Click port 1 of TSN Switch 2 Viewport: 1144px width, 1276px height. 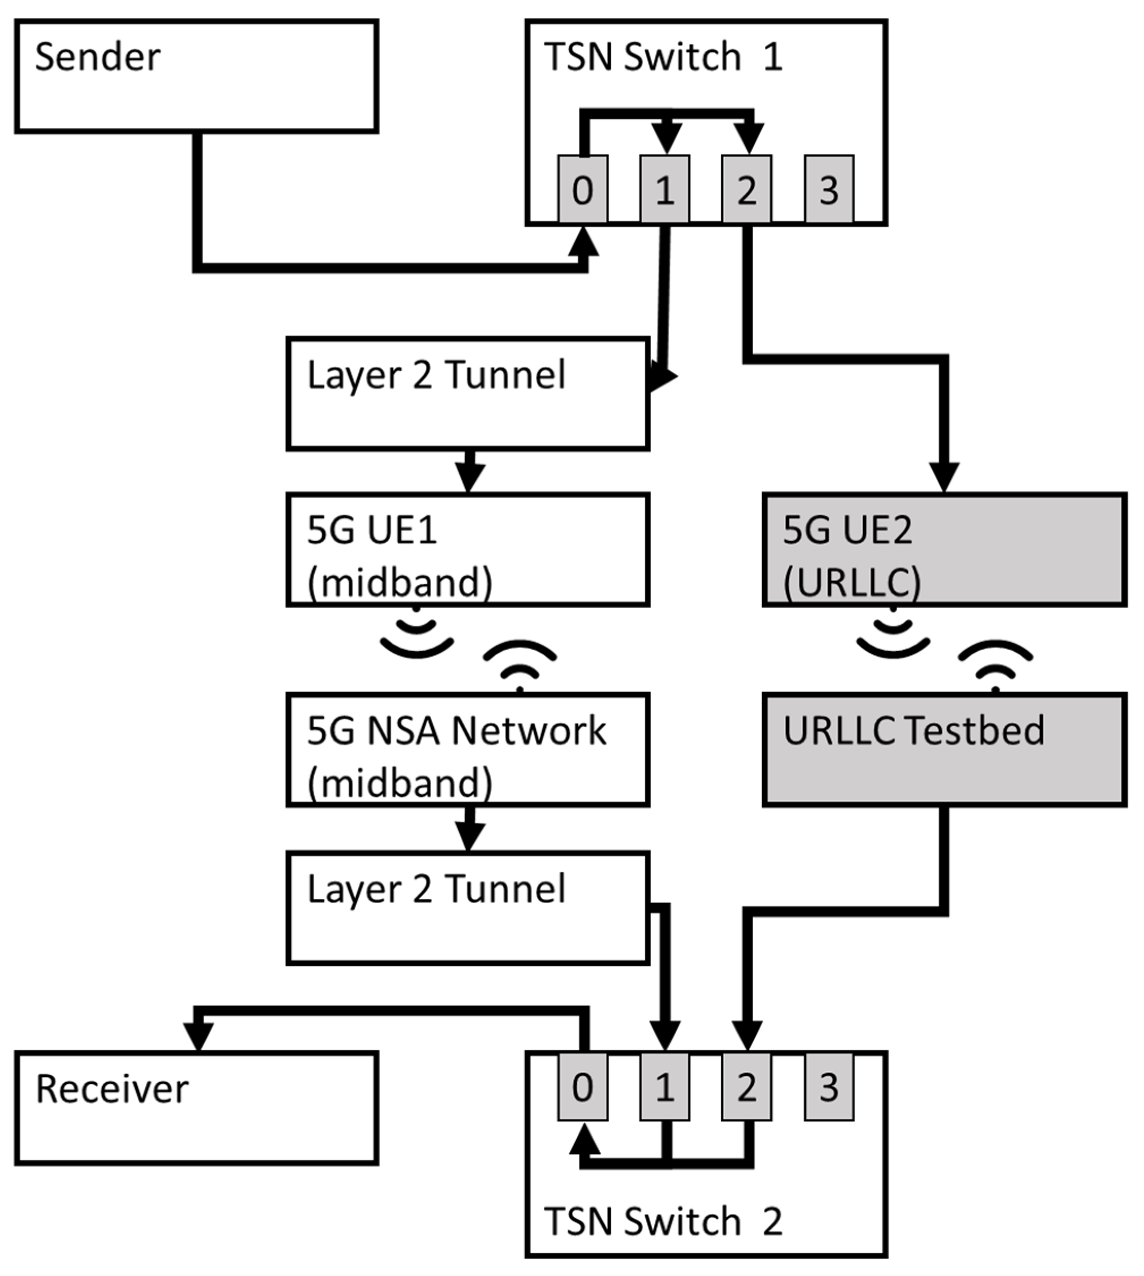pos(665,1087)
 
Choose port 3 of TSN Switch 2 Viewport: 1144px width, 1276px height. pos(828,1087)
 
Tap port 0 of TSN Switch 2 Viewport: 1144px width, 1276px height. pos(582,1087)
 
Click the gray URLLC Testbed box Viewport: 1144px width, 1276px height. pos(944,750)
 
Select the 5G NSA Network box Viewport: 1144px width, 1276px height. pos(468,750)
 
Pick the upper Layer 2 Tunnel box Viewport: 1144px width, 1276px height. pos(468,393)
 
